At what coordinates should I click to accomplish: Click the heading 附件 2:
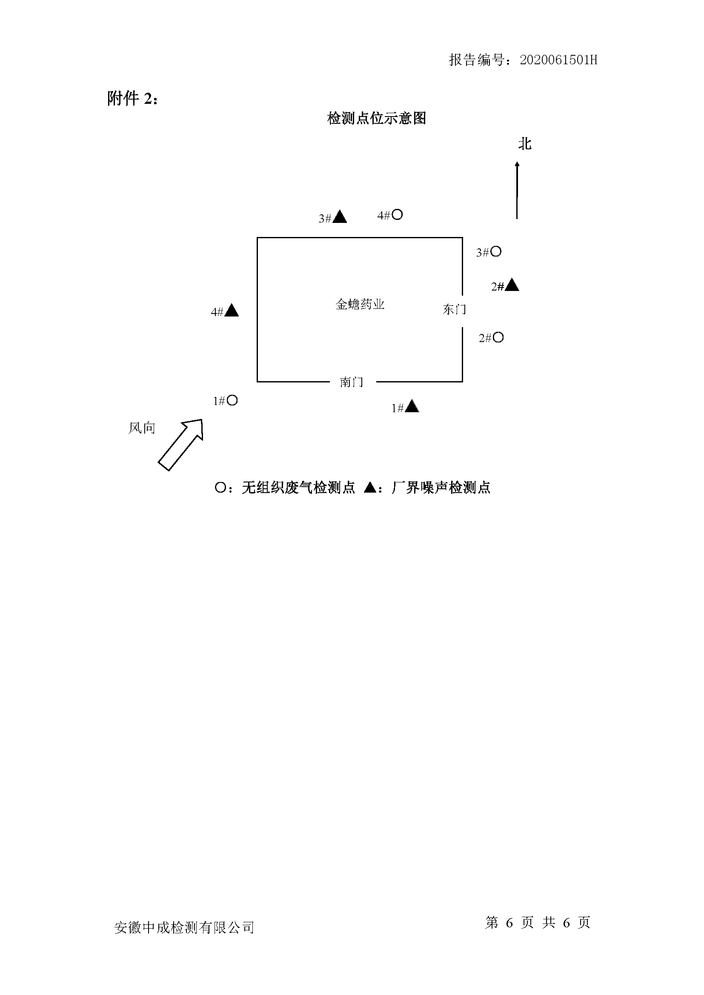point(133,99)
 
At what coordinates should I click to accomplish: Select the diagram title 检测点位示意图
point(377,118)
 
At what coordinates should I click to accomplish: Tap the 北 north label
point(524,144)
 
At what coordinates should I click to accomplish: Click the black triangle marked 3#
point(339,217)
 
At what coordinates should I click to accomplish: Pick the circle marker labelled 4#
point(397,214)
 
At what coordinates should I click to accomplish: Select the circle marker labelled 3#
point(496,251)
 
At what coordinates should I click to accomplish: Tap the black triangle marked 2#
point(512,285)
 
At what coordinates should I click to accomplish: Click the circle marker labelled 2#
point(498,337)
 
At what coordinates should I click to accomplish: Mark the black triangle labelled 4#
point(232,311)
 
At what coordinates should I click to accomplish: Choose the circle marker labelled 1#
point(232,400)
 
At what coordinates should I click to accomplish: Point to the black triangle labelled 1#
point(412,407)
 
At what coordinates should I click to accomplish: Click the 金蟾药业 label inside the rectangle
point(360,304)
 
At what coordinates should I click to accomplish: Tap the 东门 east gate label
point(454,309)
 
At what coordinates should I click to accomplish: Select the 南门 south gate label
point(351,382)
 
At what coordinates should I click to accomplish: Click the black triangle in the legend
point(370,488)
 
